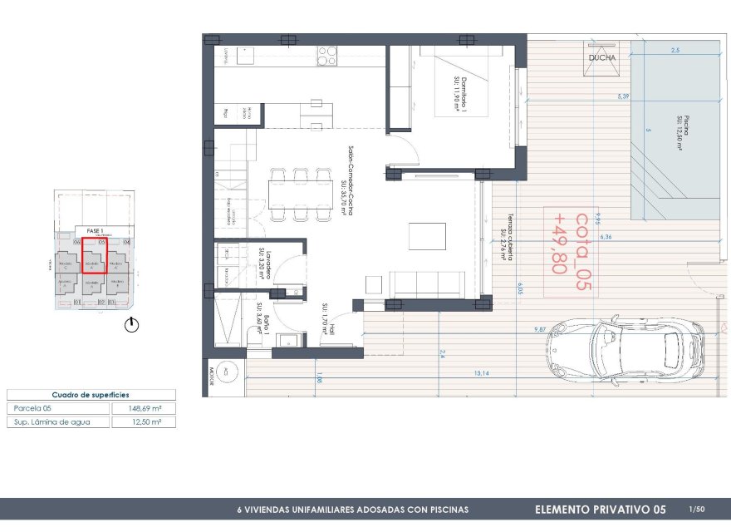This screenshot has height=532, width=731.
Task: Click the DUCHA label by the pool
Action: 602,57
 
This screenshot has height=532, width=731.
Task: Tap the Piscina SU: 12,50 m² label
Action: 678,133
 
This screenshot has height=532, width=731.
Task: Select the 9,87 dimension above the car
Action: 540,331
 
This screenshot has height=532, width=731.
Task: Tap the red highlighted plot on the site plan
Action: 93,256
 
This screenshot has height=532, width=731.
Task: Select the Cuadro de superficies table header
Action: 91,395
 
